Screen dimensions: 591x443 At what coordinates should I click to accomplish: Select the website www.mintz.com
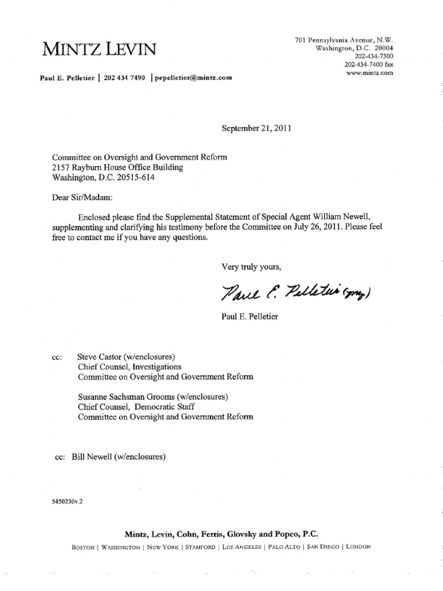(x=369, y=73)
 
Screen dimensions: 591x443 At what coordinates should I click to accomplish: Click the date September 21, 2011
(x=257, y=128)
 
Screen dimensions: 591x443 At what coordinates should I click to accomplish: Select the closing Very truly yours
(x=251, y=267)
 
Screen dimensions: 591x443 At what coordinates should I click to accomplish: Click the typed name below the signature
(x=250, y=317)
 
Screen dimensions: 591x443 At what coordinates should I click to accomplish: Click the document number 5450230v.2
(x=68, y=502)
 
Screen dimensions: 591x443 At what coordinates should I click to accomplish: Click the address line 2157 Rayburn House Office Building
(x=118, y=167)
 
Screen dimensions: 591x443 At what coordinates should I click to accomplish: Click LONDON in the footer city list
(x=359, y=547)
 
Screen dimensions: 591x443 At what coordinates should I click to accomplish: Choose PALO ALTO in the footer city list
(x=282, y=547)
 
